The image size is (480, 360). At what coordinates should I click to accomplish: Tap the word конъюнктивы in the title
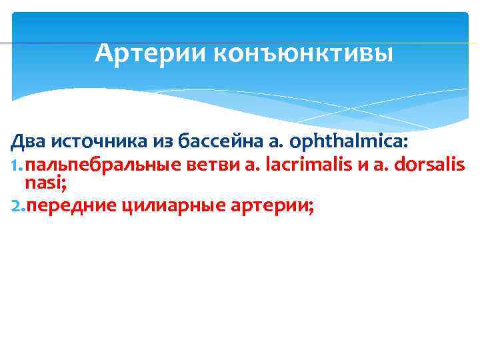point(303,51)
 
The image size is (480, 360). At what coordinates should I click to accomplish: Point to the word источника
point(92,143)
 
